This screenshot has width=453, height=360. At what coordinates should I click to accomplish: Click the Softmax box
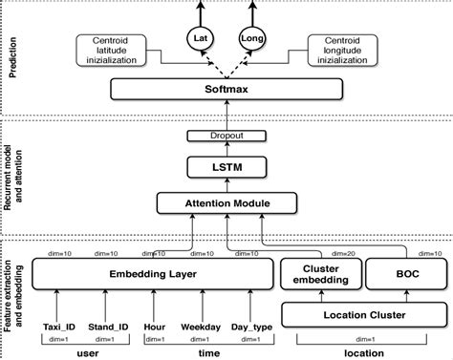[x=226, y=90]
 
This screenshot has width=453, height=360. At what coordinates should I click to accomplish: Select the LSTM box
[x=226, y=168]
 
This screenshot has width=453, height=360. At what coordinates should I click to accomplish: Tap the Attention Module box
[x=226, y=203]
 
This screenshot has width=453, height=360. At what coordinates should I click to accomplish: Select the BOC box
[x=400, y=275]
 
